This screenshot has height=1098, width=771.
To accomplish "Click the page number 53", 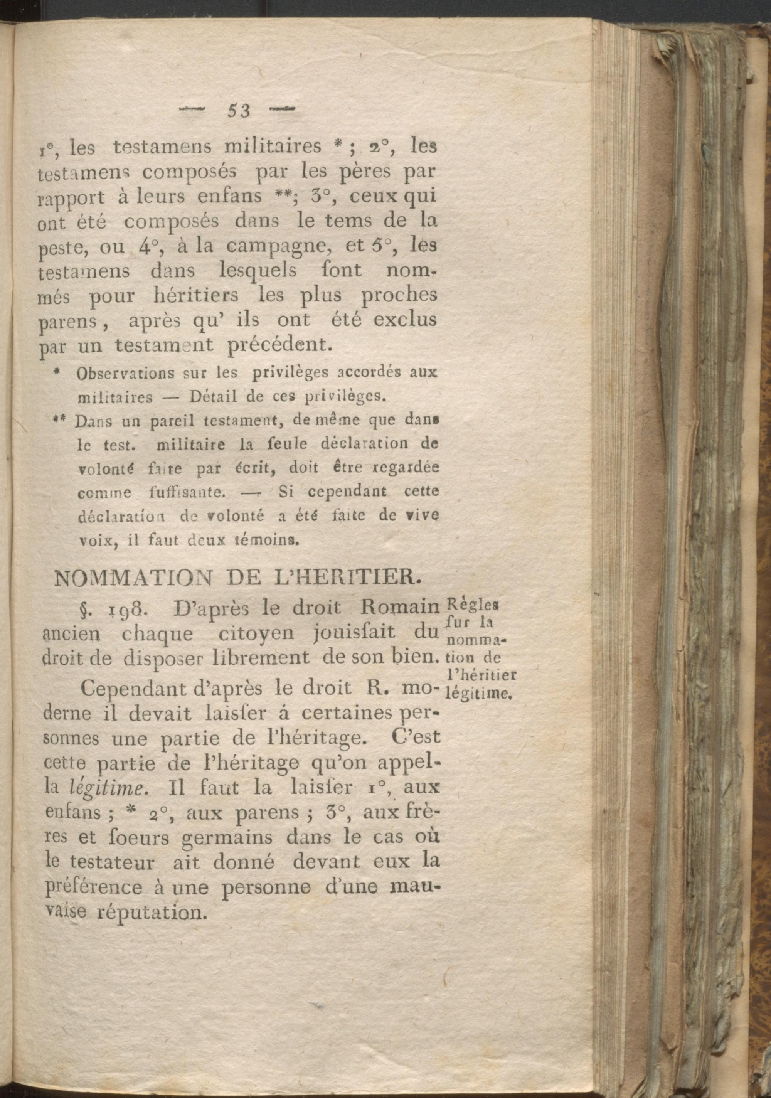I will (x=239, y=111).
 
